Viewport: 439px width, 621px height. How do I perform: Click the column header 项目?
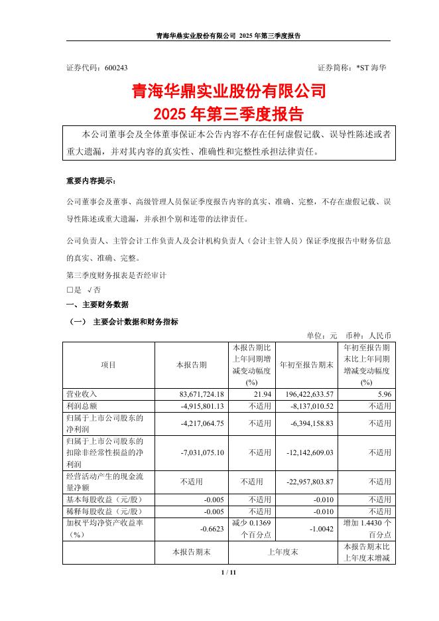[x=108, y=365]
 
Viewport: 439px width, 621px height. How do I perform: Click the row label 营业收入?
[x=82, y=394]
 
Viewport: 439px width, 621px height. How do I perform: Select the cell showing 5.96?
[x=383, y=394]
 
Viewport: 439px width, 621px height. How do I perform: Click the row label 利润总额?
[x=82, y=405]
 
